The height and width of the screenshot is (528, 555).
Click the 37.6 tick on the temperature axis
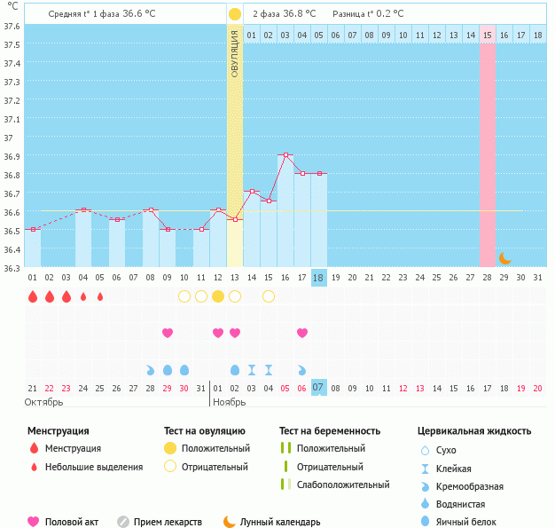12,26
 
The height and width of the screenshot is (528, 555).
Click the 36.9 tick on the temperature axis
12,156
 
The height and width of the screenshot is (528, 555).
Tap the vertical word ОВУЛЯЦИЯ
235,53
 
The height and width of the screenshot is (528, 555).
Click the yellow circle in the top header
234,14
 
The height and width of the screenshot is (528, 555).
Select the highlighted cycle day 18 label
319,278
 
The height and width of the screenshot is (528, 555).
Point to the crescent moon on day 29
504,258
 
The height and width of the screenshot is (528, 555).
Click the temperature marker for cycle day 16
285,155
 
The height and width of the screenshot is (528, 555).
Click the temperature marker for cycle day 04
83,210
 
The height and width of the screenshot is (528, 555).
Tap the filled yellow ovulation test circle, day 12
218,296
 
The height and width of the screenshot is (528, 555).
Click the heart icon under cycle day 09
168,333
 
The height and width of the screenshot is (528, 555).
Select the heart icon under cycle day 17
302,333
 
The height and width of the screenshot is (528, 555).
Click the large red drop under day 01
33,296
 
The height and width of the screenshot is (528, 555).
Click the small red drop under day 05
100,296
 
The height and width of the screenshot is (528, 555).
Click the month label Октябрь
45,402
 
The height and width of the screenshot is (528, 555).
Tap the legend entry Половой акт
72,522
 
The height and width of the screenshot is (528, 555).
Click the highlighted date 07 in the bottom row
319,387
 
